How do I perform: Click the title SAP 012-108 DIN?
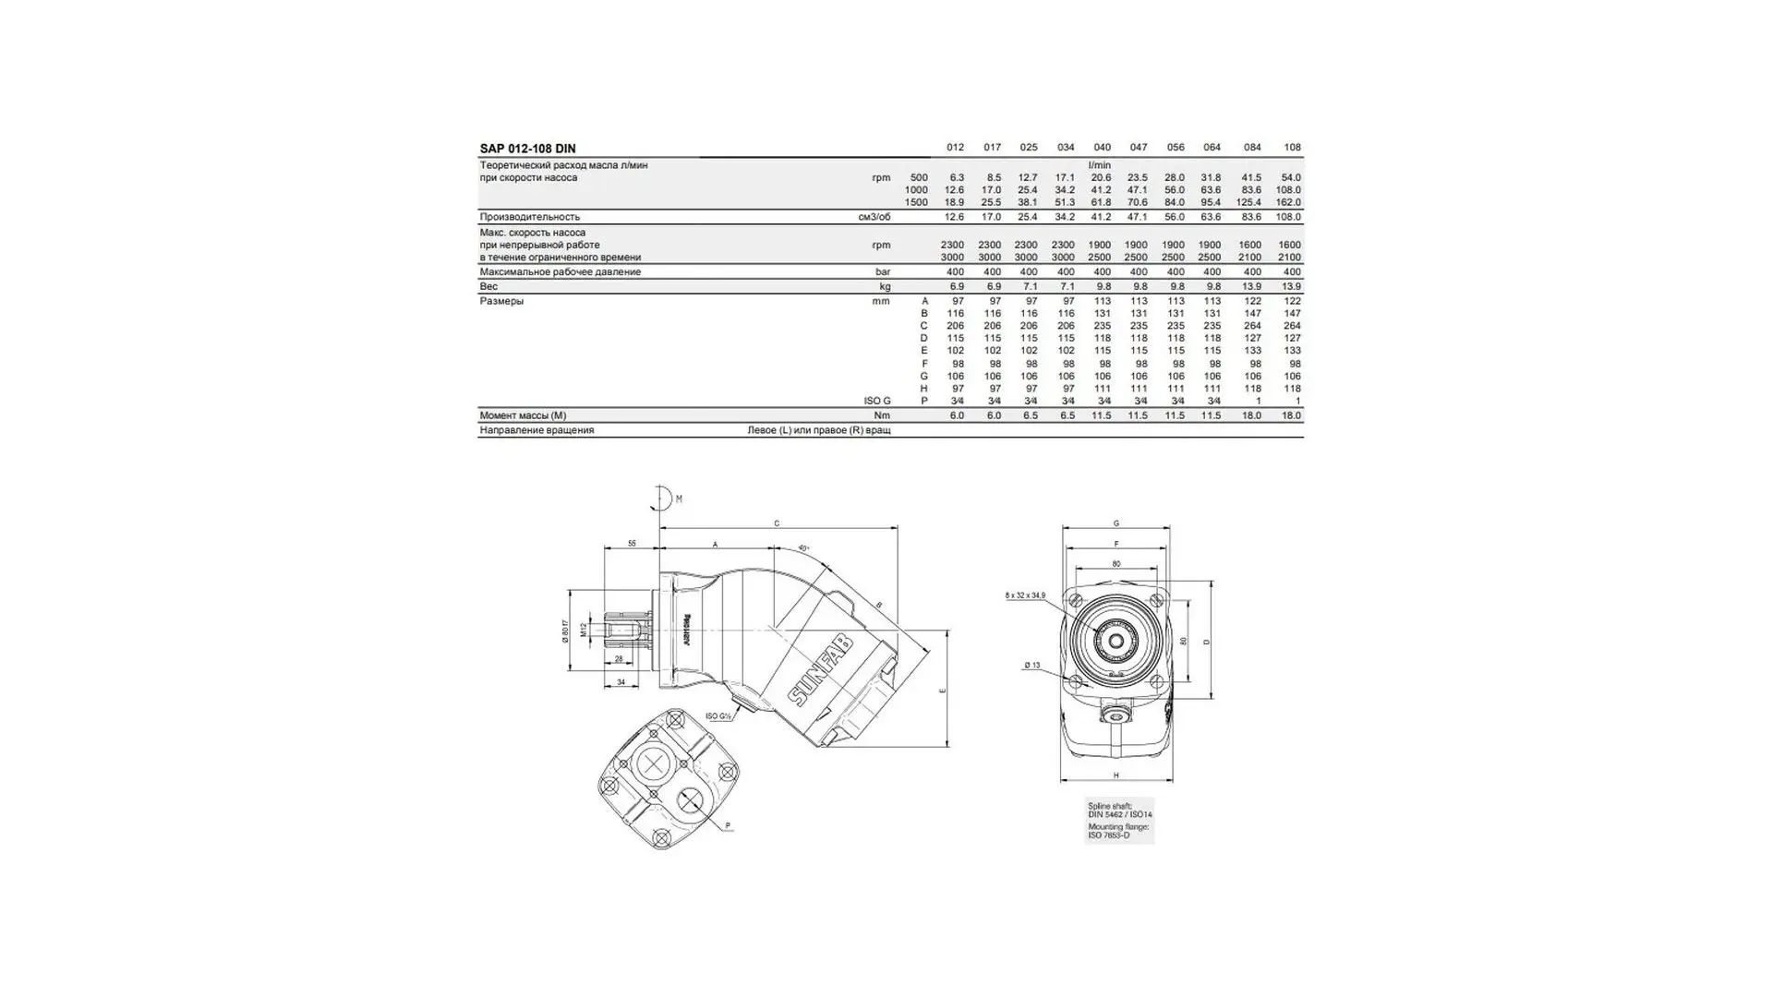pos(527,149)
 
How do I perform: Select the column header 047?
pos(1138,148)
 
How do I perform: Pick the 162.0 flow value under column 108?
pos(1288,202)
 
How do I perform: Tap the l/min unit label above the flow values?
pos(1100,165)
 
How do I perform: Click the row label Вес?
pos(488,286)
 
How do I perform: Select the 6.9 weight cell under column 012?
pos(957,286)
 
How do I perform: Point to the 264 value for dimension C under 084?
pos(1252,326)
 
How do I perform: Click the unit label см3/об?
pos(874,217)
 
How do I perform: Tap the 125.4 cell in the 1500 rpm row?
pos(1248,202)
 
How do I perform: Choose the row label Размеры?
pos(501,301)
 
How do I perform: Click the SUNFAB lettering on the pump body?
pos(821,670)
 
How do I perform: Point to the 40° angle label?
pos(803,547)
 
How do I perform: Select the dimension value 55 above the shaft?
pos(632,544)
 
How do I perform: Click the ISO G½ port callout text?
pos(718,716)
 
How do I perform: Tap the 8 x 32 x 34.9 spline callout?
pos(1025,595)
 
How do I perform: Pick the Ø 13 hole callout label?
pos(1031,666)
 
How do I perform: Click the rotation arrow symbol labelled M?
pos(659,498)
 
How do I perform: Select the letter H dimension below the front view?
pos(1116,775)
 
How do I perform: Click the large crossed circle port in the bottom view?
pos(655,764)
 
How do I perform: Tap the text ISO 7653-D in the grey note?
pos(1108,835)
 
